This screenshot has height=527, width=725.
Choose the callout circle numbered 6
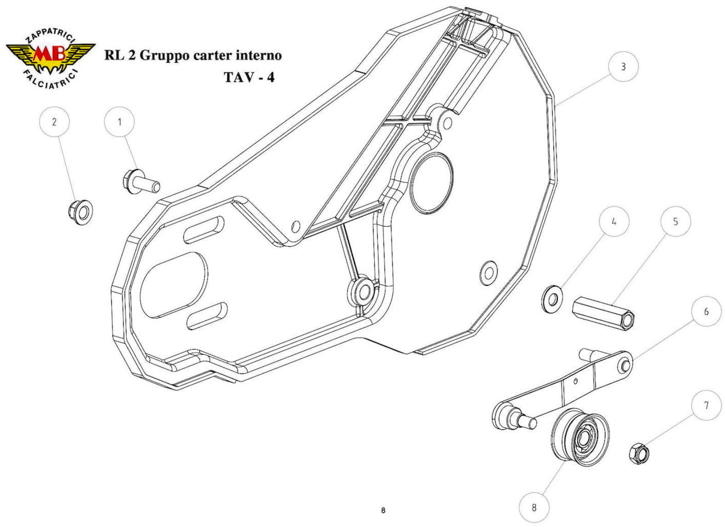click(x=706, y=312)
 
